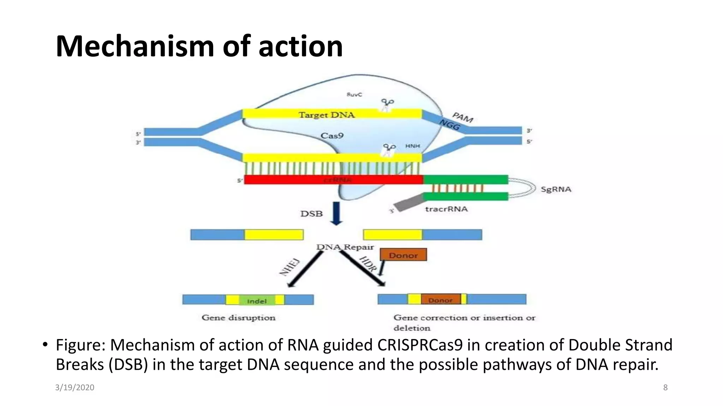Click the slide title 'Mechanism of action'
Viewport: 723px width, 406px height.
coord(199,46)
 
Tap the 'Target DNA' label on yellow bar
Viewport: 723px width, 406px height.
coord(327,115)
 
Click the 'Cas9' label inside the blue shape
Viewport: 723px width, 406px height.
coord(332,136)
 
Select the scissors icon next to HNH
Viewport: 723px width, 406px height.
coord(389,149)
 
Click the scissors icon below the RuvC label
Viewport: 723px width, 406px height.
coord(387,104)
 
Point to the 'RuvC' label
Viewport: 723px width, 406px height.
coord(354,94)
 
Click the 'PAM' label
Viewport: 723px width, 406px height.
coord(462,117)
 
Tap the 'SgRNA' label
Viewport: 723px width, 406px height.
coord(556,189)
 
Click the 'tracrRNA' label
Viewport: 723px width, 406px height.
coord(446,209)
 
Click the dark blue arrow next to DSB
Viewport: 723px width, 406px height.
coord(336,213)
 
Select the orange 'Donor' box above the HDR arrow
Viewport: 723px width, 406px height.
coord(403,255)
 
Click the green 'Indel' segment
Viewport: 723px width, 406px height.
coord(257,301)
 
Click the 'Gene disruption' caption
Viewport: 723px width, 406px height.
coord(238,318)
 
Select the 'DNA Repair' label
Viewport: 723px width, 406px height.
coord(345,247)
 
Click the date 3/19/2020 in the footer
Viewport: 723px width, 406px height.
coord(74,387)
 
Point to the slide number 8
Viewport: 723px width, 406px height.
coord(665,387)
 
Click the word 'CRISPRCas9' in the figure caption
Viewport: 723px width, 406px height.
coord(420,345)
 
